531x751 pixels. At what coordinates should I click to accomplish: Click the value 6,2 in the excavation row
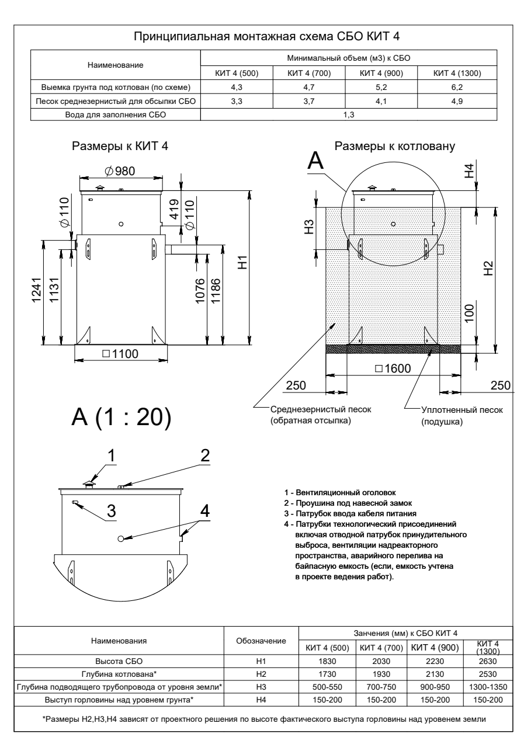coord(460,88)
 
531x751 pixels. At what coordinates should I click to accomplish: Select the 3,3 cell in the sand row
coord(237,102)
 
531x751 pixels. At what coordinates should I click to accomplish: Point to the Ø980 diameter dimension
coord(119,171)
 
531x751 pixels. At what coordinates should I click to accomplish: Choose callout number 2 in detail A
coord(204,456)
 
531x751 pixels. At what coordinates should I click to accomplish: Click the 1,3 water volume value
coord(349,115)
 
